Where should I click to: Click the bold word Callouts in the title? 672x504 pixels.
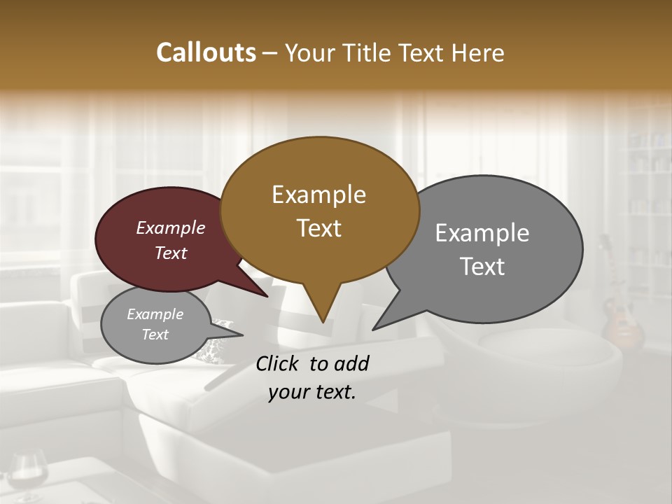[206, 52]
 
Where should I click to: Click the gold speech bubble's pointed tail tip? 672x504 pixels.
[323, 321]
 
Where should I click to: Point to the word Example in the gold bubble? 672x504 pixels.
[318, 195]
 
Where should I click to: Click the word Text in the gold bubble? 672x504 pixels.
[318, 228]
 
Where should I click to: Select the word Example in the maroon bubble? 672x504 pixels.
[171, 227]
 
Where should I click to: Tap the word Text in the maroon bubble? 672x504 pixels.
[171, 253]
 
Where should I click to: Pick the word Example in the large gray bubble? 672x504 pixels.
[482, 232]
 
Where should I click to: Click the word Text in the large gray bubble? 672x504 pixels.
[482, 266]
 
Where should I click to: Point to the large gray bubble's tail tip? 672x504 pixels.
[374, 328]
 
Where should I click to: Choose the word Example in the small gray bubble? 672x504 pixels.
[155, 314]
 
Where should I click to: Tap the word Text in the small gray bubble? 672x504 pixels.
[155, 335]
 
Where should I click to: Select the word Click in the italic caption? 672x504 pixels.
[279, 363]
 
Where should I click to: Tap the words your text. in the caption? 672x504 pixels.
[312, 392]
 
